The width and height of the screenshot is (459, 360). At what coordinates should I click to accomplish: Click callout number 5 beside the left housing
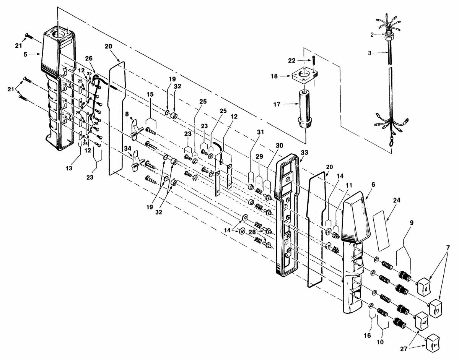coord(25,54)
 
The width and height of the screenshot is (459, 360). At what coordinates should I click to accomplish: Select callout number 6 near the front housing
coord(373,185)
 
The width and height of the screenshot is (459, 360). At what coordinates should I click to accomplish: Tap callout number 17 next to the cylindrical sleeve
coord(277,104)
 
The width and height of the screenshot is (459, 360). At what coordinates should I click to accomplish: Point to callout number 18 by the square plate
coord(274,76)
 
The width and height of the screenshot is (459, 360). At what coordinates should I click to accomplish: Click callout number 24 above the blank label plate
coord(397,200)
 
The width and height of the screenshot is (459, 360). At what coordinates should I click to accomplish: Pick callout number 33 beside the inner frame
coord(304,152)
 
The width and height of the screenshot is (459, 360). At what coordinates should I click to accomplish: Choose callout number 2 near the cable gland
coord(372,35)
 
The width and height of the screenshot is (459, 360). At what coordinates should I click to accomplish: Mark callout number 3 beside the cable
coord(369,53)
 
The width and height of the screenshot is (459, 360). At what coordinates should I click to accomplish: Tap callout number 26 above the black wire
coord(89,58)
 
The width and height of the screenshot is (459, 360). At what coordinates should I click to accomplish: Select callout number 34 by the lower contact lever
coord(128,149)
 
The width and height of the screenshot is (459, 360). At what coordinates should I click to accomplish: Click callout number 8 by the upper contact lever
coord(127,114)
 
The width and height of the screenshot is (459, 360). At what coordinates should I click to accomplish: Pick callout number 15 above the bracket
coord(150,94)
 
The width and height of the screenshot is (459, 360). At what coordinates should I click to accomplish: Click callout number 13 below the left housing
coord(69,168)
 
